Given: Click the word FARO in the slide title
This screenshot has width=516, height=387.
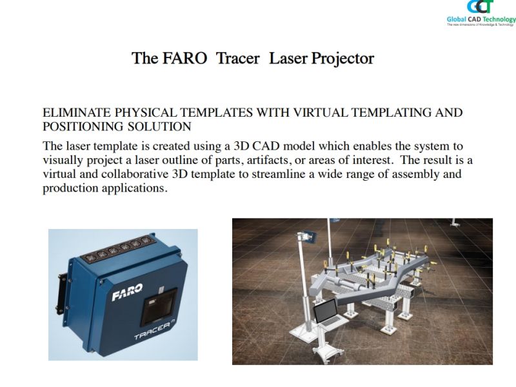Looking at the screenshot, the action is tap(184, 58).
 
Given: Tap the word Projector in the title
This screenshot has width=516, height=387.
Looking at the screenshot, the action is tap(342, 59).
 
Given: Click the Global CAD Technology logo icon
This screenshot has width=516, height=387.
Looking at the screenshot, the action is tap(481, 7).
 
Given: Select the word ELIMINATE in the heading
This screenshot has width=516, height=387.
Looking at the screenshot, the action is tap(77, 112).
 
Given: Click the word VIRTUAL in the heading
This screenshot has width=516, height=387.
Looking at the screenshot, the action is tap(320, 112).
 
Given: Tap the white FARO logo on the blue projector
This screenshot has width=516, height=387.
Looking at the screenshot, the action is tap(127, 292).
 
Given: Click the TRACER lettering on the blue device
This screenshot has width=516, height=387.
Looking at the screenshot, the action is tap(154, 331).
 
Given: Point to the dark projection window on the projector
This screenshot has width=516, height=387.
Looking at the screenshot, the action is tap(159, 306).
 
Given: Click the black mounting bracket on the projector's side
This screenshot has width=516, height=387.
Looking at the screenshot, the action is tap(61, 292).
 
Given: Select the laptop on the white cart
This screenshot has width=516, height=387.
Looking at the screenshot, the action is tap(328, 313).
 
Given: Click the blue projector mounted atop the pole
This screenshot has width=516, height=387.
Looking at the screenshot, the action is tap(310, 237).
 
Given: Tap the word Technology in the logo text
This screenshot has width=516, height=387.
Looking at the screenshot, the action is tap(499, 19).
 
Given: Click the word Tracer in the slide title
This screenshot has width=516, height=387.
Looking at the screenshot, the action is tap(238, 58).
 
